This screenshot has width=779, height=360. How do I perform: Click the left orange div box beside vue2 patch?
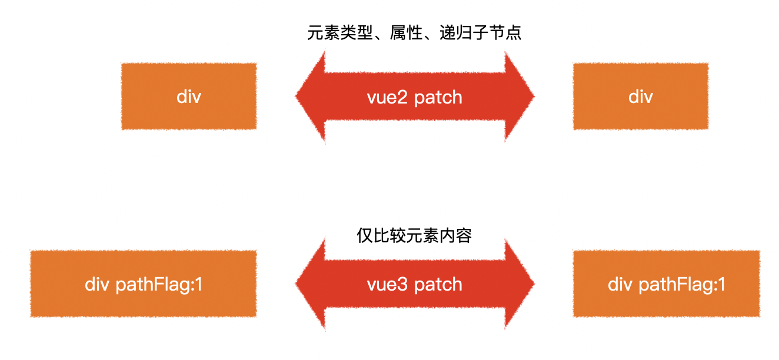tap(189, 96)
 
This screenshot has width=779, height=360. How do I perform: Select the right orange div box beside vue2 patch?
tap(641, 96)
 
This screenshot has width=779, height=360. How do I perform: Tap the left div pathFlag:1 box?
tap(143, 284)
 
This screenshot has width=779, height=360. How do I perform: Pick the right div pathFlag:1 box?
tap(666, 284)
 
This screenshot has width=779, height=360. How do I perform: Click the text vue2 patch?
tap(414, 97)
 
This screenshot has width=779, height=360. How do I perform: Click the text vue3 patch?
tap(414, 285)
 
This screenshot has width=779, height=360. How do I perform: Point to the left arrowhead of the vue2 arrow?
tap(310, 96)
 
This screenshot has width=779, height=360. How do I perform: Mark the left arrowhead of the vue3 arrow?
tap(310, 284)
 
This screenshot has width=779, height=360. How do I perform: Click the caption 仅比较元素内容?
tap(414, 236)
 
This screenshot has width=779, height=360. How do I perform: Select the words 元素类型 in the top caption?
tap(339, 32)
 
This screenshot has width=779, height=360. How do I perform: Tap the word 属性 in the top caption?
tap(406, 32)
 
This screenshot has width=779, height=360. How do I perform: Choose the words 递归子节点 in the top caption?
tap(480, 32)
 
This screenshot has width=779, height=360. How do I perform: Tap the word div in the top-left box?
tap(189, 96)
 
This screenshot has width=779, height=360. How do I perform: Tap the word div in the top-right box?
tap(641, 96)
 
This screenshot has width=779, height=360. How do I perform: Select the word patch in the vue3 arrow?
tap(438, 285)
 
